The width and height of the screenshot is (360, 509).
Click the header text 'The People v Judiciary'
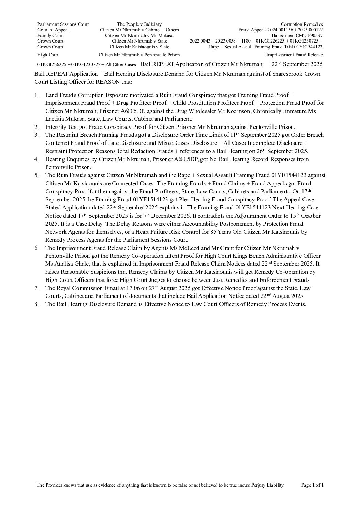coord(139,24)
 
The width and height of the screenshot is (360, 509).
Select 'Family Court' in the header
coord(50,35)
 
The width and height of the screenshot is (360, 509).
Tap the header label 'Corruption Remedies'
coord(301,24)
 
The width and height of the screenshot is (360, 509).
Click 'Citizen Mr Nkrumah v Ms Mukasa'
coord(139,35)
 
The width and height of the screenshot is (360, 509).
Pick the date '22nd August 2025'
coord(281,296)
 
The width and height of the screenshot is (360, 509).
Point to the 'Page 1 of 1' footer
coord(312,485)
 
